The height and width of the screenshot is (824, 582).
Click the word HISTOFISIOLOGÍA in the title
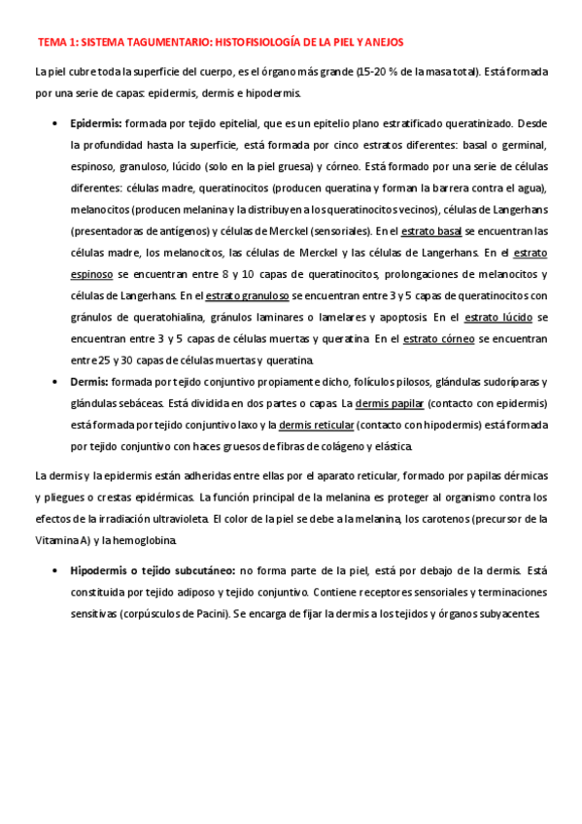point(252,43)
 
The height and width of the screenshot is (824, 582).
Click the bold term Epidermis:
point(95,124)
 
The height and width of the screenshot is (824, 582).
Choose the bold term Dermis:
point(89,381)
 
